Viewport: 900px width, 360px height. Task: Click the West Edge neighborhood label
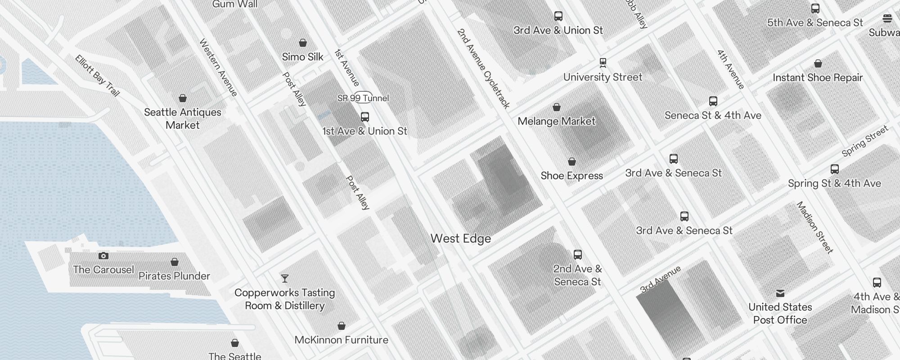[x=460, y=238]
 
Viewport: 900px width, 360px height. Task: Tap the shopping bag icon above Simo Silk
[x=303, y=43]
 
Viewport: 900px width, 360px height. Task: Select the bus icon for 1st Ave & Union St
[x=365, y=117]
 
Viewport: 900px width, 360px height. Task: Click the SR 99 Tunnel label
[x=363, y=98]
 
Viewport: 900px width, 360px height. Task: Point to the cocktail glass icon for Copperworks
[x=284, y=279]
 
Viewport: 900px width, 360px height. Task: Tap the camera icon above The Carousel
[x=103, y=256]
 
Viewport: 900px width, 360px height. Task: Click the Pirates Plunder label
[x=174, y=276]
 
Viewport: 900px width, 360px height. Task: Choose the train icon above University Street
[x=603, y=63]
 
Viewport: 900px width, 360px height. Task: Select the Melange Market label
[x=556, y=121]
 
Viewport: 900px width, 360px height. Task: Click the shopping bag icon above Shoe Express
[x=571, y=162]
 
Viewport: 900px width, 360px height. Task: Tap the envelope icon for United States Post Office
[x=780, y=293]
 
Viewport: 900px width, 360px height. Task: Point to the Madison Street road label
[x=814, y=227]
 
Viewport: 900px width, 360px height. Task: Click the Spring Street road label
[x=864, y=141]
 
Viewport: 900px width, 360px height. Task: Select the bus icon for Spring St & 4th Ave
[x=834, y=169]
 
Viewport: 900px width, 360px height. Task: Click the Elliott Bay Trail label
[x=97, y=76]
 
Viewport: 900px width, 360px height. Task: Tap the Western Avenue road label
[x=218, y=67]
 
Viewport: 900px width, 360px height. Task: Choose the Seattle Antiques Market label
[x=182, y=118]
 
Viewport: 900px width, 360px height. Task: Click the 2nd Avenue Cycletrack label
[x=483, y=68]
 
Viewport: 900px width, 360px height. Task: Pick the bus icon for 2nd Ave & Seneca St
[x=578, y=255]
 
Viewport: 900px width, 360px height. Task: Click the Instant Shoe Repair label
[x=817, y=77]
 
